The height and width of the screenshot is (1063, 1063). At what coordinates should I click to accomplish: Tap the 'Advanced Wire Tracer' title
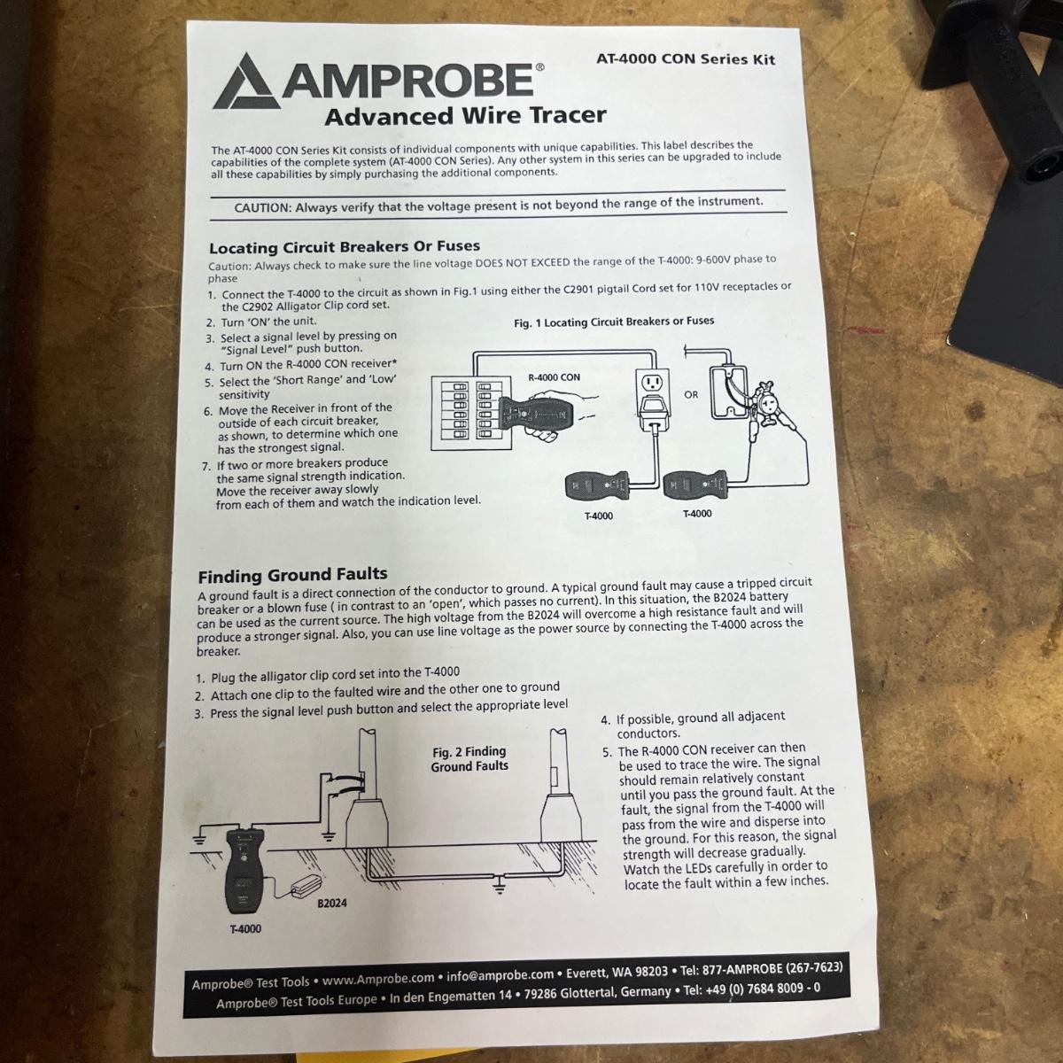(466, 116)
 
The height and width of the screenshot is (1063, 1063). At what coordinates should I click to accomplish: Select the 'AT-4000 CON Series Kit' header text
(685, 58)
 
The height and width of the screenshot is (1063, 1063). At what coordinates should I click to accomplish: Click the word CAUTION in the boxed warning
(262, 208)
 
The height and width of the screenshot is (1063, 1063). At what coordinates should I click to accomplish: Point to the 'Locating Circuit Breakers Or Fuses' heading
(345, 246)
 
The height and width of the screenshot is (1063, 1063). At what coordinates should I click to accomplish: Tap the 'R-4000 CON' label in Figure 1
(554, 377)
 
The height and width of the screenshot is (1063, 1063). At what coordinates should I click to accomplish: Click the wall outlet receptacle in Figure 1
(652, 384)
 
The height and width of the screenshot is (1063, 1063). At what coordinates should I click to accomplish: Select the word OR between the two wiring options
(691, 394)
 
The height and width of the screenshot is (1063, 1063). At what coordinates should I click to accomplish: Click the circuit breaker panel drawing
(472, 413)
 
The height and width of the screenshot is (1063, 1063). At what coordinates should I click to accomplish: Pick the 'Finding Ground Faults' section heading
(292, 576)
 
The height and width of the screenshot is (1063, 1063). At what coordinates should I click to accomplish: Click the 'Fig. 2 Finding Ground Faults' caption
(469, 758)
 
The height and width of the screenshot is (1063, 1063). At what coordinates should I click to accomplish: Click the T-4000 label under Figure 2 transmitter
(246, 929)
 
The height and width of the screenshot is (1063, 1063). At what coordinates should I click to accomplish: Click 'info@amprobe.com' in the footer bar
(500, 975)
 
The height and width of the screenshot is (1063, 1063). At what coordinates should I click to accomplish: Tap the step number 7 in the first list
(206, 467)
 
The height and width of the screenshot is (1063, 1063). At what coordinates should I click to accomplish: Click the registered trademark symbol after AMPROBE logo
(539, 67)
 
